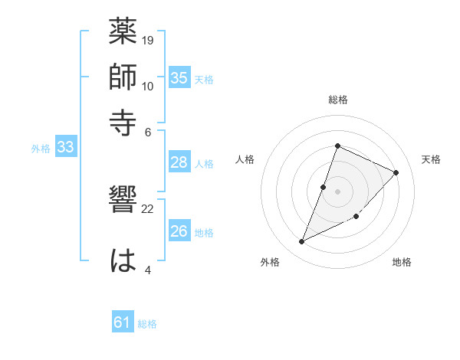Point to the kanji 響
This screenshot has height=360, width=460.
pos(123,203)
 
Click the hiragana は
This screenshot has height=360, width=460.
pos(123,260)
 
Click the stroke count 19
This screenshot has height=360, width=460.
pos(148,39)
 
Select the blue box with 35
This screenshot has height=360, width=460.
pos(179,78)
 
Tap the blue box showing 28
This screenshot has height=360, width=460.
pos(179,162)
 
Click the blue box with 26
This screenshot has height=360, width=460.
pos(179,231)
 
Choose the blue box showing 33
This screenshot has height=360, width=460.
pos(65,148)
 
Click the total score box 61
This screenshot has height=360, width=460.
pos(123,322)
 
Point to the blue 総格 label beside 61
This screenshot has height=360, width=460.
pos(148,324)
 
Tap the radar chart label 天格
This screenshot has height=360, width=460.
pos(431,159)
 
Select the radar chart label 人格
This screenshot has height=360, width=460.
pos(245,159)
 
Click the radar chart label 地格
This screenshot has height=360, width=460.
pos(402,262)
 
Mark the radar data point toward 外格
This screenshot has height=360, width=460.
pos(301,242)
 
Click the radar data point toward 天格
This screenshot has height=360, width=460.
pos(396,172)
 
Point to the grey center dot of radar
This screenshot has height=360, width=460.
pos(337,191)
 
